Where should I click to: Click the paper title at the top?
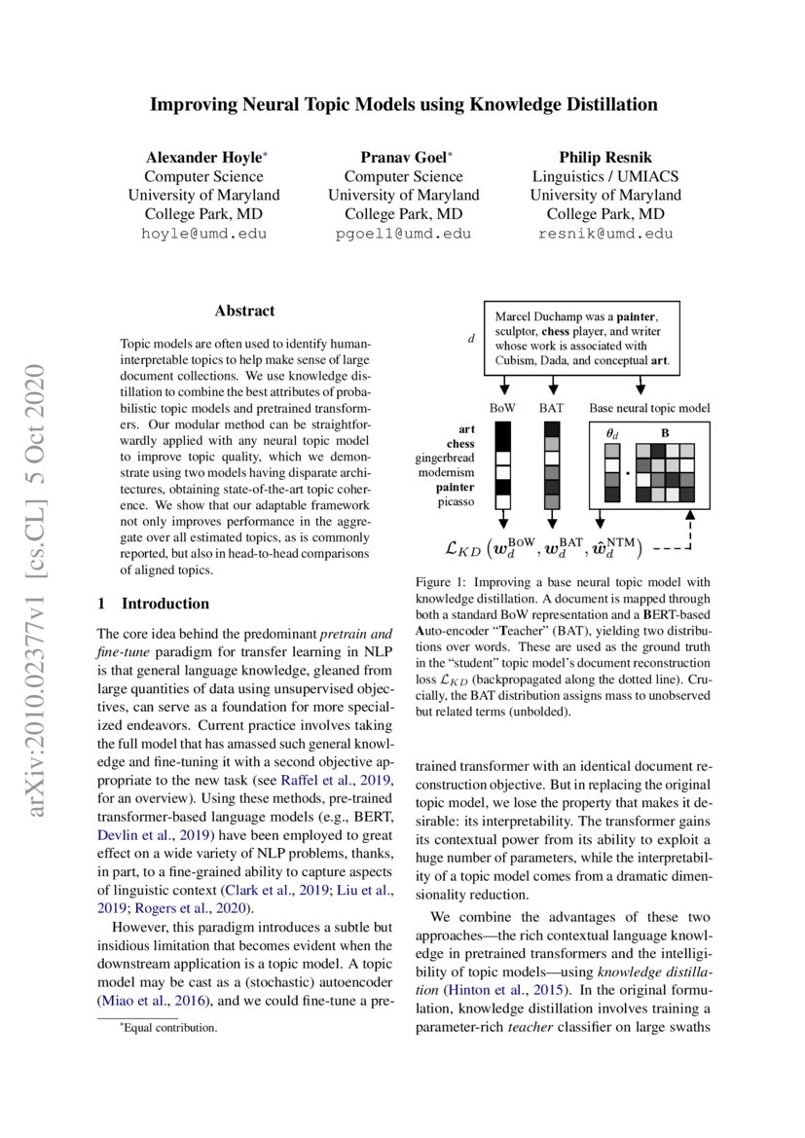[x=403, y=104]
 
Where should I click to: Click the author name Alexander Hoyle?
[x=201, y=157]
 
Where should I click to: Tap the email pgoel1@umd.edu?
[x=403, y=234]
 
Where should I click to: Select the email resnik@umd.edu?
[x=604, y=234]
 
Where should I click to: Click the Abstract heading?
[x=244, y=312]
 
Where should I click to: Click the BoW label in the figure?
[x=502, y=408]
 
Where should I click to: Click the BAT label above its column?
[x=552, y=408]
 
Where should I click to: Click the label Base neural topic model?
[x=649, y=408]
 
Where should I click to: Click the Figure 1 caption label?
[x=441, y=582]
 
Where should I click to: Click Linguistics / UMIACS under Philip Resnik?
[x=604, y=176]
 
